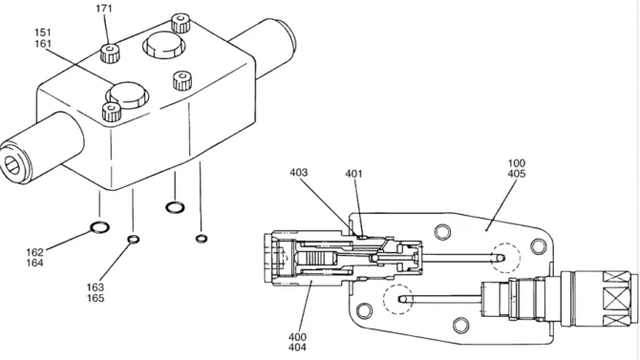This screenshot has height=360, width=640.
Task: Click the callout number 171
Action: [x=104, y=9]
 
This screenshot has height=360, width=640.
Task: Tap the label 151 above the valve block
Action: [x=42, y=32]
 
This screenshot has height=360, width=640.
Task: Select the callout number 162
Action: [x=34, y=252]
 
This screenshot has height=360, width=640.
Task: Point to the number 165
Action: [x=96, y=298]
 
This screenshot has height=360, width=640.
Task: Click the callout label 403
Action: [x=298, y=173]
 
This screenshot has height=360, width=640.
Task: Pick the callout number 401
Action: [x=353, y=174]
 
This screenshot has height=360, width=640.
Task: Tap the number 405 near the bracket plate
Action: [x=517, y=174]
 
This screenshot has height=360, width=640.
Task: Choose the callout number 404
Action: [x=297, y=348]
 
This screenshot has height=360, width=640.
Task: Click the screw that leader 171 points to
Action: [x=110, y=53]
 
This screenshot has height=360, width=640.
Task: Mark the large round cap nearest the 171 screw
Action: [x=163, y=45]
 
